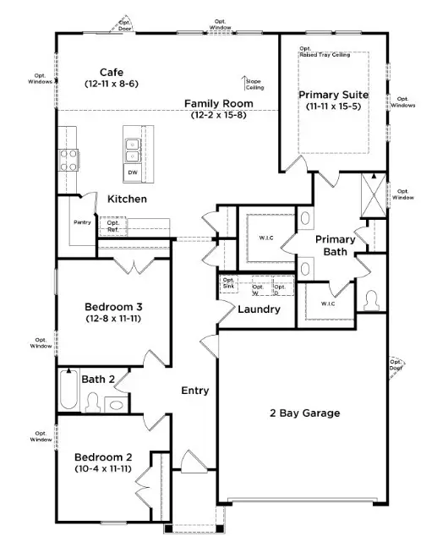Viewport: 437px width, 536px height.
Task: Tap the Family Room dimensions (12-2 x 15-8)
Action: [217, 115]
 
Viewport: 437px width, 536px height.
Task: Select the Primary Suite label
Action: [333, 95]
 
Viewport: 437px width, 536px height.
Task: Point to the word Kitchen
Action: [127, 199]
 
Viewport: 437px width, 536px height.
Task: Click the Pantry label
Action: [82, 222]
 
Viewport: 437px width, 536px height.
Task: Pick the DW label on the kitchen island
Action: [133, 172]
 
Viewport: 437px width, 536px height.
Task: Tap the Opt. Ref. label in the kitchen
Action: [112, 227]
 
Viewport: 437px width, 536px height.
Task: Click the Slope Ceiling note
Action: [254, 85]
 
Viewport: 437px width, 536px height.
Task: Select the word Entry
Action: [194, 391]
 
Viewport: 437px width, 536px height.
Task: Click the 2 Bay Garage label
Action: [304, 413]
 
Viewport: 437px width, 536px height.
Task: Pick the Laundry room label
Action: [259, 309]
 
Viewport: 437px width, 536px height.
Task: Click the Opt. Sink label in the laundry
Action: [228, 283]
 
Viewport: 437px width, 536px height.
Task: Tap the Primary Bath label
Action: [336, 245]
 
